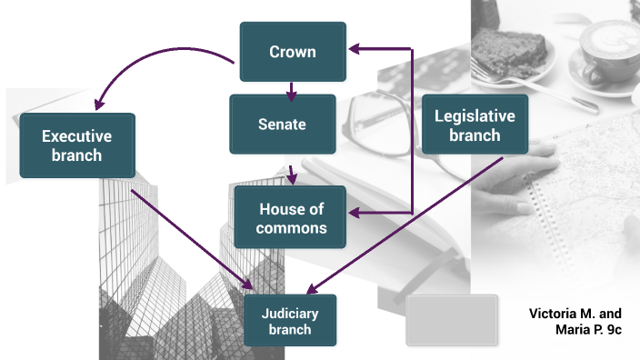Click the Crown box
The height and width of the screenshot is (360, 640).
click(x=292, y=52)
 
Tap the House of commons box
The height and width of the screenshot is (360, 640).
click(x=291, y=217)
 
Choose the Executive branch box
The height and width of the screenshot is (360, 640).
click(x=77, y=145)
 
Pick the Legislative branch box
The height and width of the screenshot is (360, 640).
click(x=475, y=125)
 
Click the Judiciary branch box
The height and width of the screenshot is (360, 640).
click(x=290, y=320)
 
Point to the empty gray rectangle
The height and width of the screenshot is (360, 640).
click(x=451, y=320)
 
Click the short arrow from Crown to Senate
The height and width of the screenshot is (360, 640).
click(x=291, y=89)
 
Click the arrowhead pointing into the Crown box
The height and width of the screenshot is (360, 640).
click(x=356, y=47)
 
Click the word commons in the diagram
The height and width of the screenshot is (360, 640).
click(x=291, y=227)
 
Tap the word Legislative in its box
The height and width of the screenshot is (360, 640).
click(x=475, y=116)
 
